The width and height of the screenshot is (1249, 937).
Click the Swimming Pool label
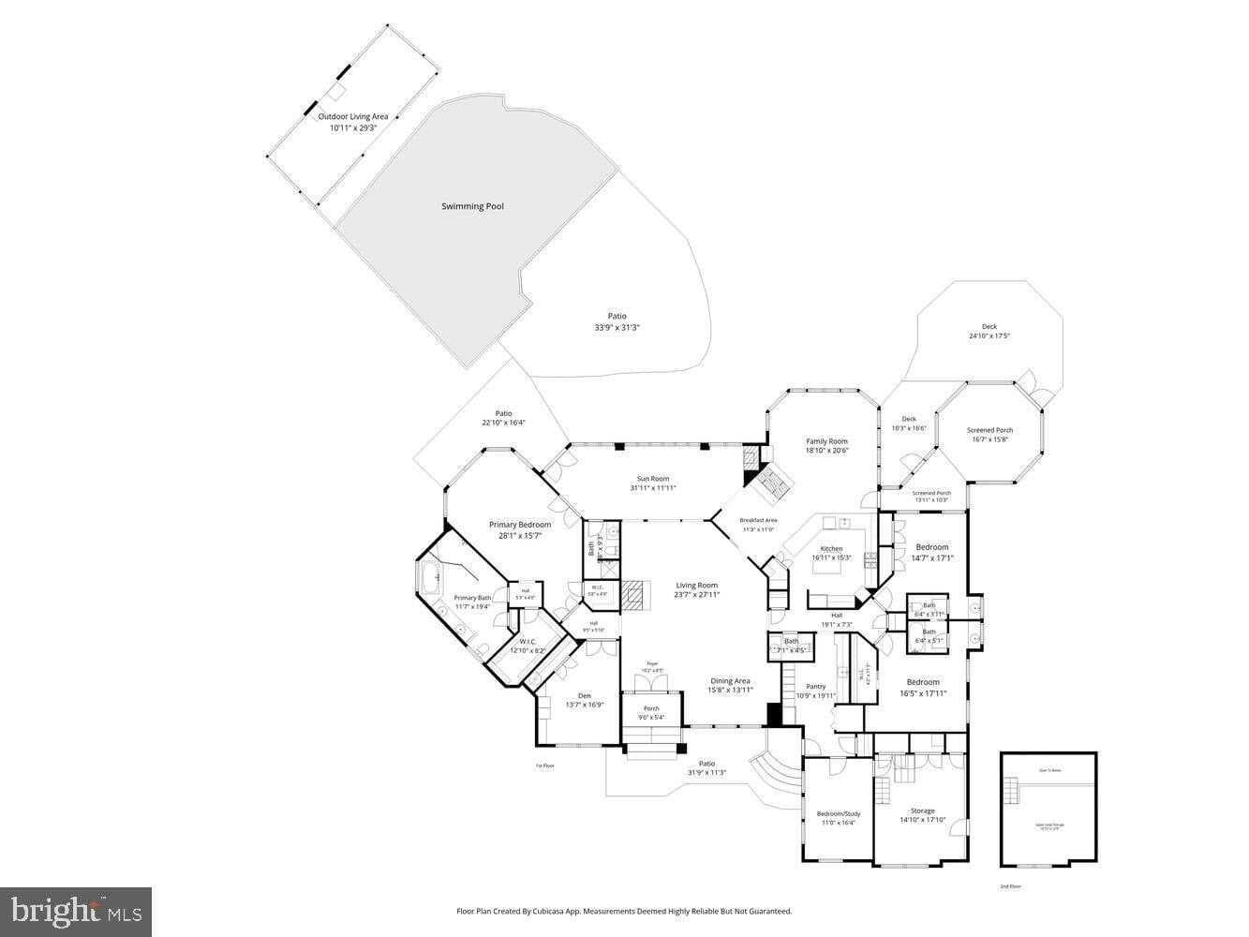tap(472, 206)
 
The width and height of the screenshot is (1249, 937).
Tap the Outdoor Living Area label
tap(352, 117)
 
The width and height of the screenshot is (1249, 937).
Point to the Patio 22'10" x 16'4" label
tap(503, 413)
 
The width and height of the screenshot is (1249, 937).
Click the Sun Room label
tap(652, 479)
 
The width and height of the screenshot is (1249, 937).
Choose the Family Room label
tap(826, 441)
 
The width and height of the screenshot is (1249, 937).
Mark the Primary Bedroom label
tap(520, 525)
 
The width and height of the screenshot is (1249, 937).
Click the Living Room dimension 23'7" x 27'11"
tap(696, 594)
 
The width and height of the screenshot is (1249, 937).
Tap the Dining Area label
tap(730, 681)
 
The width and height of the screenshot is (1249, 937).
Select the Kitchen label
tap(831, 549)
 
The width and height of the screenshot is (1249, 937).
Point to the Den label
tap(584, 695)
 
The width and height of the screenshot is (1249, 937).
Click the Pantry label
tap(815, 687)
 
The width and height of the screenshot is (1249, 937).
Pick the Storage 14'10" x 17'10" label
tap(922, 811)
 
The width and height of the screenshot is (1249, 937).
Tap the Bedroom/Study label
tap(838, 814)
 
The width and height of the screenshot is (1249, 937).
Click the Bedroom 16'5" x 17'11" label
tap(923, 682)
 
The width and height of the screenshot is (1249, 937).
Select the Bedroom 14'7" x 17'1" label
tap(931, 547)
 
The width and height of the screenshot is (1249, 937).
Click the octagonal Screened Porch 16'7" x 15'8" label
tap(989, 431)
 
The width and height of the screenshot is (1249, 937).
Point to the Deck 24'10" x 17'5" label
tap(989, 327)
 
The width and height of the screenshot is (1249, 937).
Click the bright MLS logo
tap(76, 911)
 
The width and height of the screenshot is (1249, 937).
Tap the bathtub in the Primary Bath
tap(430, 578)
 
